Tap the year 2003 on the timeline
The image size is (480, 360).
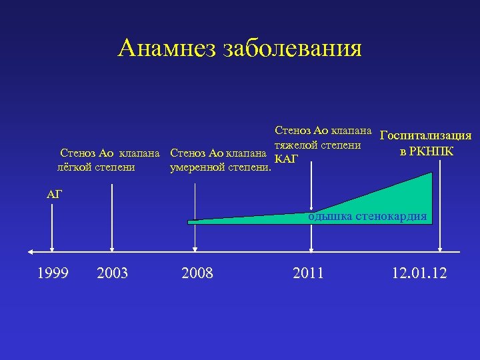pos(113,272)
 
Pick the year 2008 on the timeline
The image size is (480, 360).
pos(197,272)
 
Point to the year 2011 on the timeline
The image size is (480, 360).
pos(308,272)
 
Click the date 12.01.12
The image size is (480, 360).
pos(420,272)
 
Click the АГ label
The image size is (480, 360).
pos(54,194)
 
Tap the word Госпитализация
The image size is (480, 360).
pos(425,135)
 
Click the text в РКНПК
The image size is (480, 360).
pos(427,151)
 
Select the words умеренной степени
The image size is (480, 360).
pos(221,166)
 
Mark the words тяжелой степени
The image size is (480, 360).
pos(318,145)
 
